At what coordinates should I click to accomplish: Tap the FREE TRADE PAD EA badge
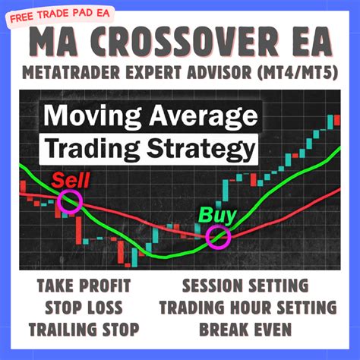[x=60, y=16]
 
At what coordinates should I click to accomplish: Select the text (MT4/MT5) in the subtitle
[x=298, y=72]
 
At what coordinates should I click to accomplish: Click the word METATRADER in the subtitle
[x=71, y=72]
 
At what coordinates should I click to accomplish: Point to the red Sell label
[x=71, y=180]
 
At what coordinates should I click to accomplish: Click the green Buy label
[x=217, y=216]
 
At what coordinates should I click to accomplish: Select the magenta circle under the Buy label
[x=218, y=237]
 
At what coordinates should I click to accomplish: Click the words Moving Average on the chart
[x=150, y=116]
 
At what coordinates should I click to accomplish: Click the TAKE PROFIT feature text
[x=84, y=286]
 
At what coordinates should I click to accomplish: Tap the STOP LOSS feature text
[x=84, y=308]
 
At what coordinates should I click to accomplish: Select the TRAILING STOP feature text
[x=84, y=330]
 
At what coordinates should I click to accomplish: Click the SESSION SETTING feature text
[x=245, y=286]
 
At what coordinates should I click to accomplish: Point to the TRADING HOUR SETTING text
[x=248, y=308]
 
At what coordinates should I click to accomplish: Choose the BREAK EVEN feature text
[x=245, y=330]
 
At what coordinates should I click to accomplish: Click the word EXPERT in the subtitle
[x=153, y=72]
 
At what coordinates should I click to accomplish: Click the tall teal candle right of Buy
[x=226, y=191]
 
